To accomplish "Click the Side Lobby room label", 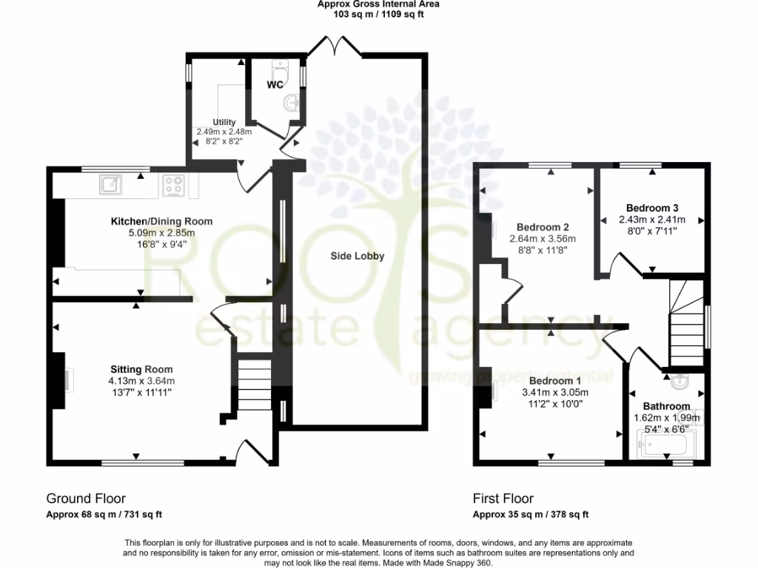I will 358,256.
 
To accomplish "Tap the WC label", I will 276,85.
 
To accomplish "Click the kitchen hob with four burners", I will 174,185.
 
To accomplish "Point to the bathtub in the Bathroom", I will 666,445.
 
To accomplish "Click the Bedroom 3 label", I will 652,208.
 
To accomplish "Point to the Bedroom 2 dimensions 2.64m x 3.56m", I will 543,239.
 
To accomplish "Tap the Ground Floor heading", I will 86,498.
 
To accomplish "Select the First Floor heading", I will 503,498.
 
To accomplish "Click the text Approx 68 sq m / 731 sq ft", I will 104,515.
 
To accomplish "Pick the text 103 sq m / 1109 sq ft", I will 378,14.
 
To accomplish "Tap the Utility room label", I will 224,122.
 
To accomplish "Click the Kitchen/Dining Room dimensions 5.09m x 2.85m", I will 161,232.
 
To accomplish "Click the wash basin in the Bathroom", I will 682,382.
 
